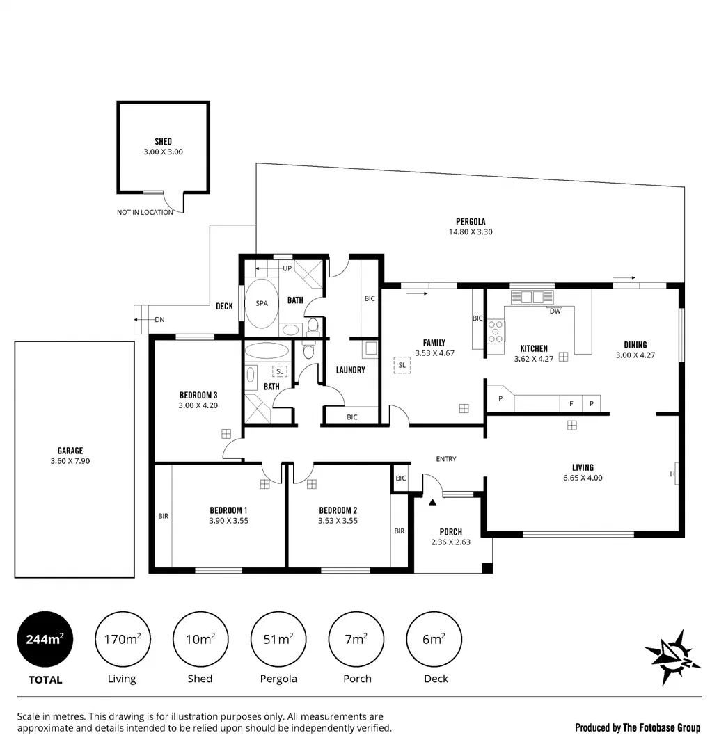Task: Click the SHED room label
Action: tap(163, 142)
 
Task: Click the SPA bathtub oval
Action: tap(262, 304)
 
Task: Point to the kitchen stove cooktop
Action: tap(496, 332)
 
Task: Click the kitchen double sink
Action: tap(532, 298)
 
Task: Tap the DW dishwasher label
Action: tap(555, 312)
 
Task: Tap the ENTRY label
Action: tap(446, 459)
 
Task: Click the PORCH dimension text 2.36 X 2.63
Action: tap(451, 542)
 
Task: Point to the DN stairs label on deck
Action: tap(159, 319)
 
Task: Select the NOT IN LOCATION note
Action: tap(145, 213)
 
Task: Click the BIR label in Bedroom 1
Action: tap(163, 516)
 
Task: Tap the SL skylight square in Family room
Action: tap(402, 365)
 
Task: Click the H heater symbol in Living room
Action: tap(672, 474)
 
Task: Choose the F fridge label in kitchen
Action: tap(571, 403)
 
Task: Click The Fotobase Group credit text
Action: tap(661, 728)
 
